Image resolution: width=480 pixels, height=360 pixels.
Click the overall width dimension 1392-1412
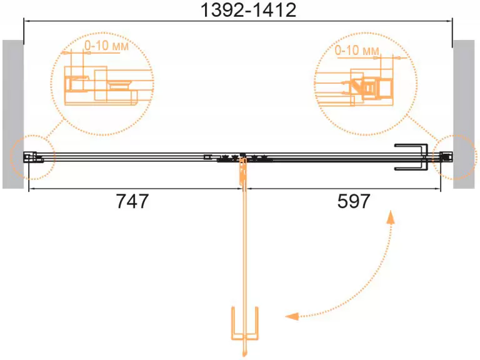pyautogui.click(x=248, y=10)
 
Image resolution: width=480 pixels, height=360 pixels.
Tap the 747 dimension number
pyautogui.click(x=132, y=201)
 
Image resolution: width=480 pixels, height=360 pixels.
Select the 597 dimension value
pyautogui.click(x=354, y=201)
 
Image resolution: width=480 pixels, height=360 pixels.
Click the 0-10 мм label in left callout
pyautogui.click(x=106, y=46)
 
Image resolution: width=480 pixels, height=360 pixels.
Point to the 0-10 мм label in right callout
pyautogui.click(x=357, y=50)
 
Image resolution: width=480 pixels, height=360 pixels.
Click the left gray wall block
pyautogui.click(x=13, y=114)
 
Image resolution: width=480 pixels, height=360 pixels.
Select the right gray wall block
pyautogui.click(x=464, y=114)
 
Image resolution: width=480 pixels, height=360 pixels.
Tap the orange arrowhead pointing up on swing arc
pyautogui.click(x=390, y=217)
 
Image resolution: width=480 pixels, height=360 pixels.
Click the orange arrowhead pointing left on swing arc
pyautogui.click(x=292, y=316)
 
